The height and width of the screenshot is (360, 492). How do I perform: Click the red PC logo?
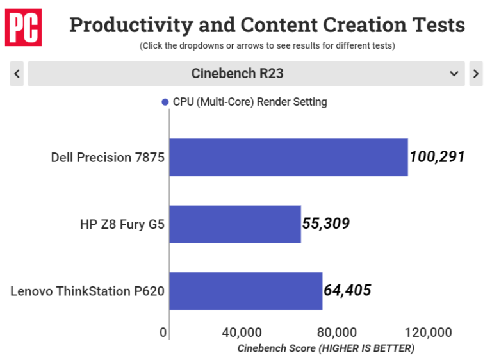coord(23,27)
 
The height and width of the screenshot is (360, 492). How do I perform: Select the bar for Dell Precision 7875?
coord(288,157)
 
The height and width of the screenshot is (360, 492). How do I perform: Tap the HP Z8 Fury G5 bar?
coord(235,224)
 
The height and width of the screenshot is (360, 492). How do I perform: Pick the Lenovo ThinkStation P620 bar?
coord(245,291)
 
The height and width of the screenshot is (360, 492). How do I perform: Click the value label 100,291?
coord(436,157)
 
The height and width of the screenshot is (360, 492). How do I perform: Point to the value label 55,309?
coord(326,224)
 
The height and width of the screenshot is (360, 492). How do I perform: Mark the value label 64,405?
coord(347,291)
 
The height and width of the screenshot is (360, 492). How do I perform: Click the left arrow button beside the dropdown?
coord(17,74)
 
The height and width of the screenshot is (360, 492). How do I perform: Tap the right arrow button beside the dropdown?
coord(475,74)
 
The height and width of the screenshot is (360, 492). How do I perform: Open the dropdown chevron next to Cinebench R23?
coord(454,74)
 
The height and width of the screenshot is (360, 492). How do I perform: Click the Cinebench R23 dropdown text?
coord(237,74)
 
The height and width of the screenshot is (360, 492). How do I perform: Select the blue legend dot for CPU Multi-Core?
coord(165,102)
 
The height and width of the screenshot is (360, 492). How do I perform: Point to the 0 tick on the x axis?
coord(163,332)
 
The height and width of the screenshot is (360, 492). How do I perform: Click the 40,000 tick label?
coord(242,332)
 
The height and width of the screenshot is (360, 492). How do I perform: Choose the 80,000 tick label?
coord(336,332)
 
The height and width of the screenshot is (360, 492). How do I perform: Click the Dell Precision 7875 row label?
coord(108,157)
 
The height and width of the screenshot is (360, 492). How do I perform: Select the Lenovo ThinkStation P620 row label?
coord(88,291)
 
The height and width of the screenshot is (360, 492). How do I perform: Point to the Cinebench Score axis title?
coord(325,348)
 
